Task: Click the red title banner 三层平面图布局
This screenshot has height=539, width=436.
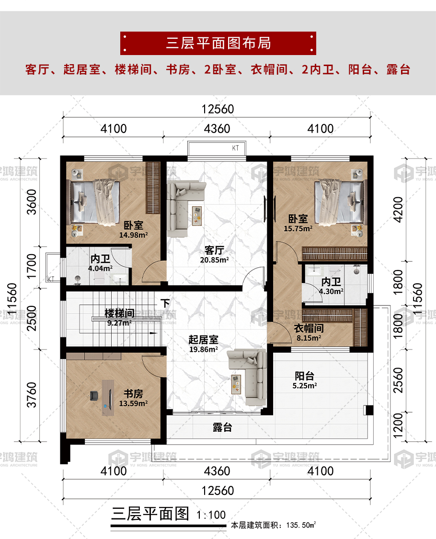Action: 218,43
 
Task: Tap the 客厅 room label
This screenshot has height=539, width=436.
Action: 215,250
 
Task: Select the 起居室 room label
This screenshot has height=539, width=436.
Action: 203,340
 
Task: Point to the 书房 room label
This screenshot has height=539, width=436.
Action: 133,394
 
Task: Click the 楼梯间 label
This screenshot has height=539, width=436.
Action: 119,314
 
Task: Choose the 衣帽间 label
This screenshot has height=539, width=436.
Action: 309,329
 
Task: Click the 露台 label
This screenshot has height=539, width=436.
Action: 222,427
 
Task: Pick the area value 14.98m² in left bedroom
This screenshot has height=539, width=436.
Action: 133,235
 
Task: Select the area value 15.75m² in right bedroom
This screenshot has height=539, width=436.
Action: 298,229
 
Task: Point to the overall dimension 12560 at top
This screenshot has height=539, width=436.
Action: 218,109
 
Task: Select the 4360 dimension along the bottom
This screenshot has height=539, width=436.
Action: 217,471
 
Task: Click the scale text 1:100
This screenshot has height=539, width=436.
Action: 211,515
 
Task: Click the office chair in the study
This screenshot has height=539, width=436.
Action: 94,395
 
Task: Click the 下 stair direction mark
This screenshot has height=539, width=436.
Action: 165,303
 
